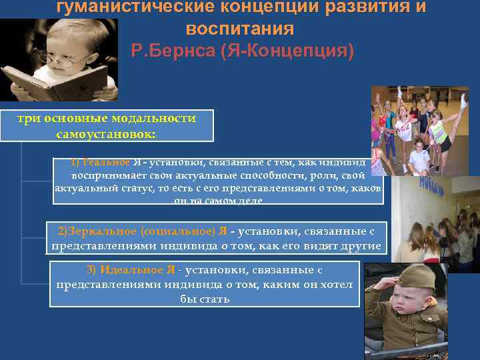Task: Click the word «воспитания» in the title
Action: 239,30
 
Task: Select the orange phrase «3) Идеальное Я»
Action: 131,270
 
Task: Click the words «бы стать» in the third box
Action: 205,299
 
